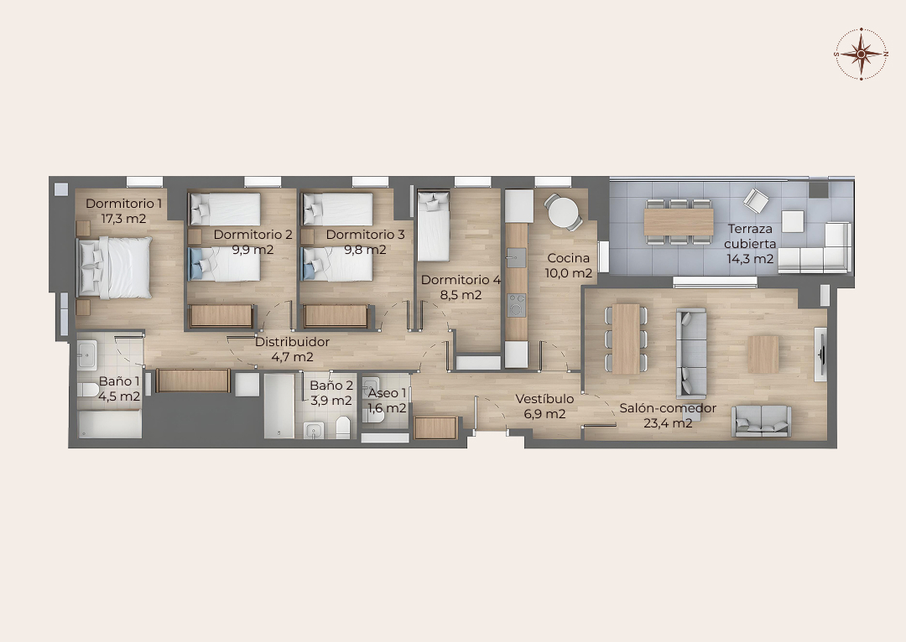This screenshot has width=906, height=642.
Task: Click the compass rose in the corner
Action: click(x=861, y=54)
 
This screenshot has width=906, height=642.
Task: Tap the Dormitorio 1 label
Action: click(x=123, y=204)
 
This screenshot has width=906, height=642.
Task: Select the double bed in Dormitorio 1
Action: click(x=115, y=268)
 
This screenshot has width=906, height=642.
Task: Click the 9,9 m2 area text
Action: click(x=253, y=250)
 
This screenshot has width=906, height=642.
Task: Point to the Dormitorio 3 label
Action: click(x=365, y=235)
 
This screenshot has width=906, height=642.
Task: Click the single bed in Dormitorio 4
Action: click(x=434, y=226)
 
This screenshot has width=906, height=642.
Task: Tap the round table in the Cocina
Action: click(x=562, y=212)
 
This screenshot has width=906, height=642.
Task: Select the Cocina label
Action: click(x=569, y=258)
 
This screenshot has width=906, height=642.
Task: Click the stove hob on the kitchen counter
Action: click(x=517, y=305)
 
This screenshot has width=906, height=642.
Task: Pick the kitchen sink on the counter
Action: click(x=517, y=257)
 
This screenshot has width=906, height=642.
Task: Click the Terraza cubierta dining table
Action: click(x=679, y=222)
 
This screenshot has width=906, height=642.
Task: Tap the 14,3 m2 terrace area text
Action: click(x=750, y=259)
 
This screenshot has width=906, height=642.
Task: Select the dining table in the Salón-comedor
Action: click(x=626, y=339)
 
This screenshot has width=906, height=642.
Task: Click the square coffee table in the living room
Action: click(x=763, y=354)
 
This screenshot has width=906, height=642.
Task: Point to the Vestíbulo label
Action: click(x=544, y=399)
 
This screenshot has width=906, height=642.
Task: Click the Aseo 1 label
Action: click(x=387, y=393)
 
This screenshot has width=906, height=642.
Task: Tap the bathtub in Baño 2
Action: click(x=279, y=406)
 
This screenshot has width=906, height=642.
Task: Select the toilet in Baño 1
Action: click(x=87, y=390)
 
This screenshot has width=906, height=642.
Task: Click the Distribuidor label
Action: click(x=293, y=342)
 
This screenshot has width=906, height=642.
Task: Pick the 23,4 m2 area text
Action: click(x=668, y=423)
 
